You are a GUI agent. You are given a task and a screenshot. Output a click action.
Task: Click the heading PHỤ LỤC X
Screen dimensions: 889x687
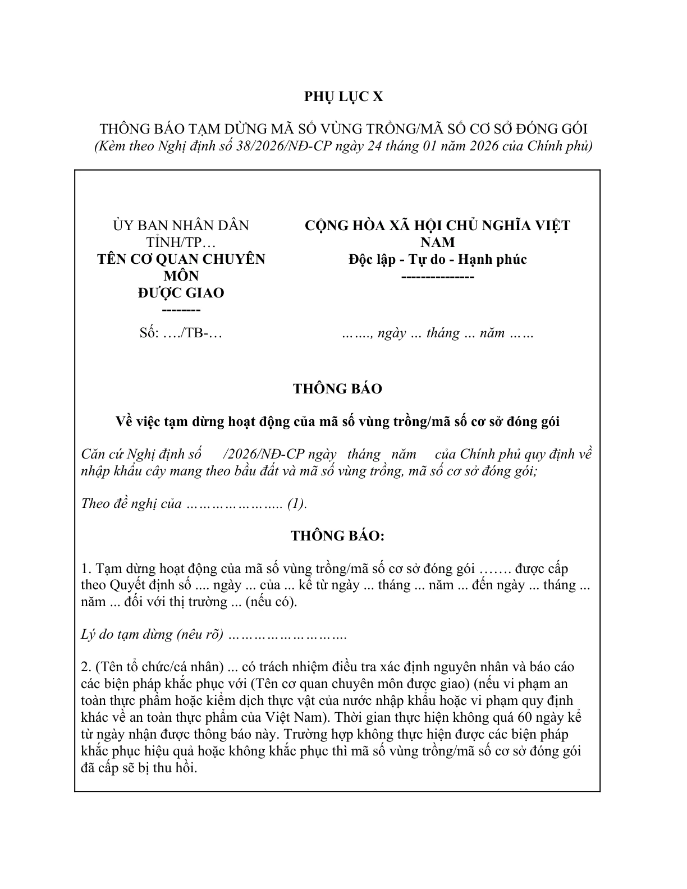(x=343, y=97)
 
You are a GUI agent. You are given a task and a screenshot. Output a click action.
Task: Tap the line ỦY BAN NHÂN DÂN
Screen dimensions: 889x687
(x=181, y=226)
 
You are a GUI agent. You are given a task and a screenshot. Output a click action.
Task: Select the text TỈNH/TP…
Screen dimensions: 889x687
(x=181, y=242)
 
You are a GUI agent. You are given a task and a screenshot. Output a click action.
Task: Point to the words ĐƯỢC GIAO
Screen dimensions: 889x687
(x=181, y=293)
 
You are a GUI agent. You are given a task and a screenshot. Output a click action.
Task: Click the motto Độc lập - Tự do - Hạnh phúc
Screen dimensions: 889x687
(x=437, y=259)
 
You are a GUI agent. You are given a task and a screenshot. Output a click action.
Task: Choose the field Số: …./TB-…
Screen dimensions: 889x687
(x=181, y=333)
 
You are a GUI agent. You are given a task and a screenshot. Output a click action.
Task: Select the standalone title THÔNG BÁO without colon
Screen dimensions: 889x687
(x=337, y=389)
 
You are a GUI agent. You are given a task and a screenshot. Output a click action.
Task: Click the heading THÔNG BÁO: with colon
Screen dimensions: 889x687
(x=337, y=536)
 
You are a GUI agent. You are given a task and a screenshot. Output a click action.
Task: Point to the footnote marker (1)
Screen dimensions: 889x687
(x=297, y=503)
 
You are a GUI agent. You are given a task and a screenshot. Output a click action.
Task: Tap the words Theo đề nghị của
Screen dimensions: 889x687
(x=131, y=503)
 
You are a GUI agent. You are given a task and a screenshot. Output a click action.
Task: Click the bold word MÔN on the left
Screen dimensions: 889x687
(x=181, y=276)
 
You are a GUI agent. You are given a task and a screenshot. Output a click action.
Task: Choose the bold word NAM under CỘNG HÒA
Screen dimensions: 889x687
(x=437, y=242)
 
